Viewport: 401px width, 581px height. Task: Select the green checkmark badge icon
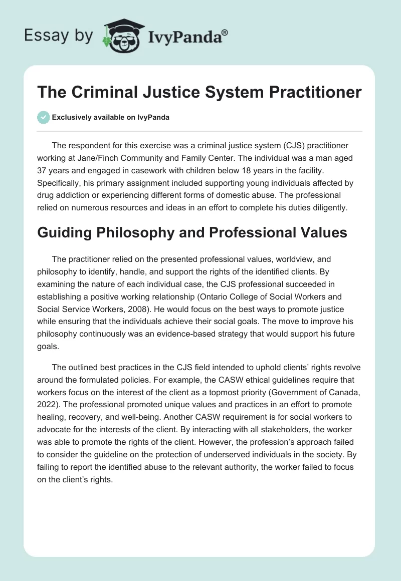[x=43, y=117]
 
